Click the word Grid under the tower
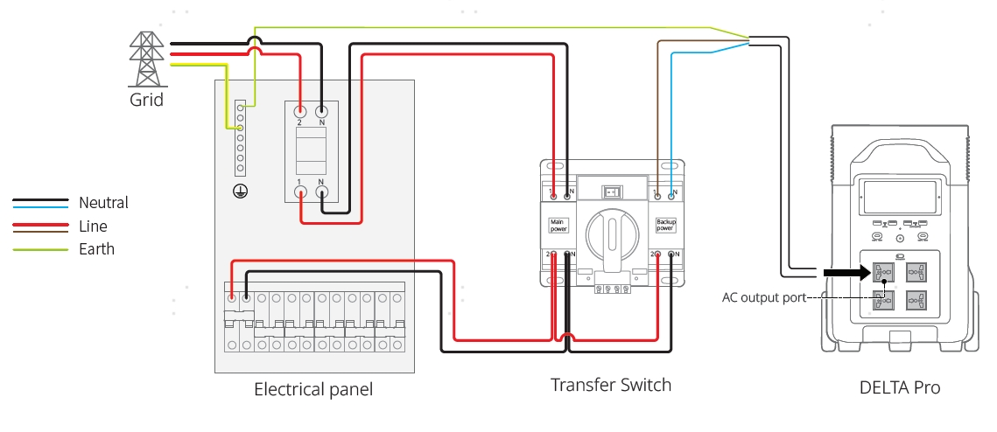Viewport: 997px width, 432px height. coord(146,99)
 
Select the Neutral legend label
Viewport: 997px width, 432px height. coord(103,203)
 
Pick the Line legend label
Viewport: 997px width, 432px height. coord(93,226)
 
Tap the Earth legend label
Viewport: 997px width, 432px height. coord(96,249)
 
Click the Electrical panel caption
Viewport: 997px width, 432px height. coord(313,389)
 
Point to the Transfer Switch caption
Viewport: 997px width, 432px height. coord(611,385)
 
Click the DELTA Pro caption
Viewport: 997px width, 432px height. coord(901,387)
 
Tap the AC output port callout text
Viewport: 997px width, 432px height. coord(762,297)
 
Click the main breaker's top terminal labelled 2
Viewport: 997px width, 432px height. coord(300,111)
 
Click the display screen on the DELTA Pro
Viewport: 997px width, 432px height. coord(901,198)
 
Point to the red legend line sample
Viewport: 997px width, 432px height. coord(40,226)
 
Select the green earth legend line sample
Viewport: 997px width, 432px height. coord(40,250)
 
